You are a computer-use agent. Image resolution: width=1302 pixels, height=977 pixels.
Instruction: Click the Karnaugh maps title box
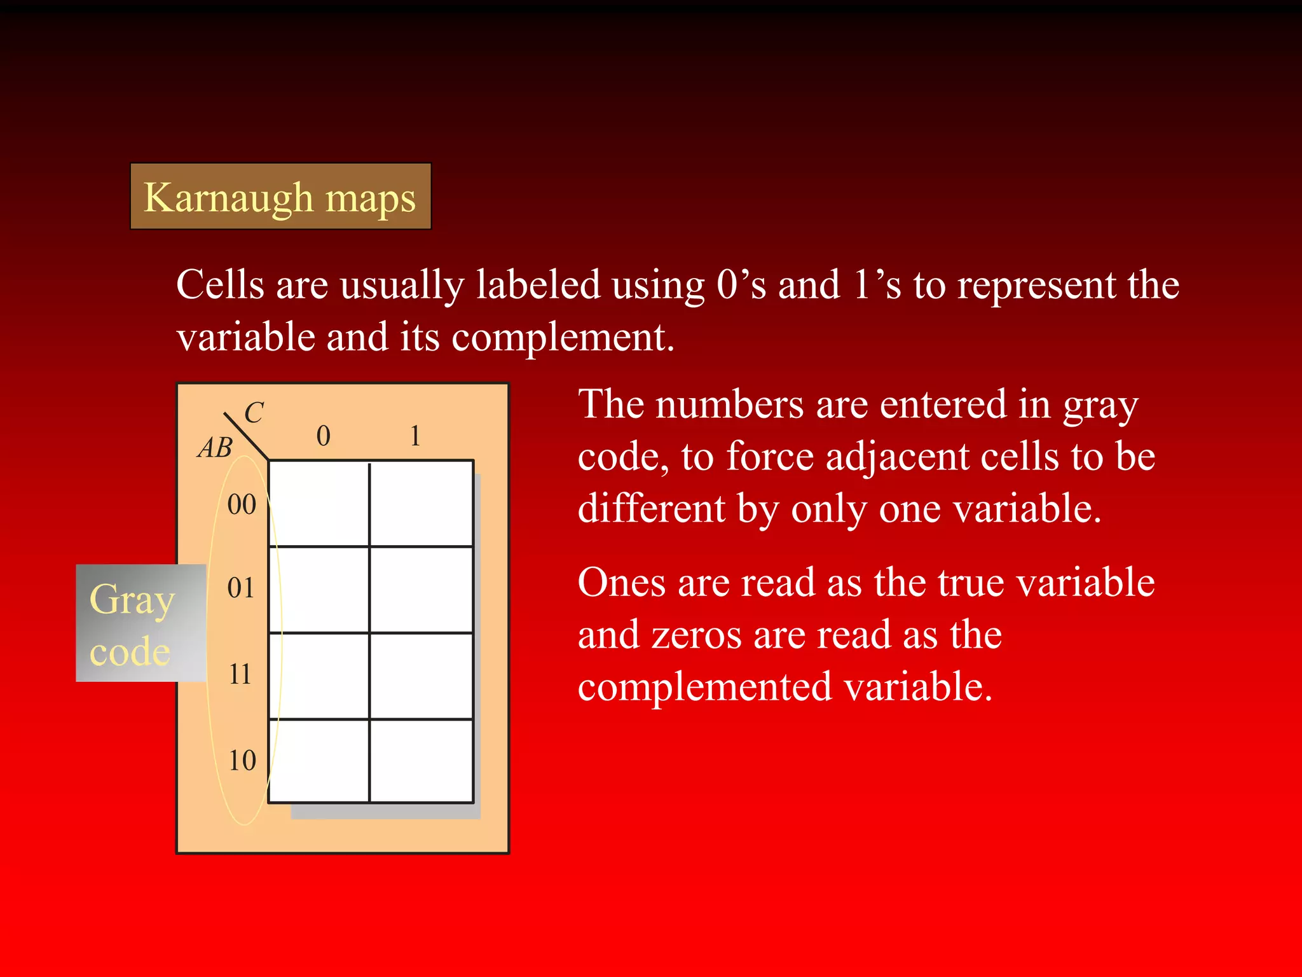coord(280,197)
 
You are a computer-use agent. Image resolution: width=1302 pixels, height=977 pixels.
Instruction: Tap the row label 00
coord(242,504)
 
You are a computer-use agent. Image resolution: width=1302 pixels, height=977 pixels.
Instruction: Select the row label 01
coord(241,588)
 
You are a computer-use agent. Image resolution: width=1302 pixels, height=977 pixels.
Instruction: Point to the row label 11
coord(240,674)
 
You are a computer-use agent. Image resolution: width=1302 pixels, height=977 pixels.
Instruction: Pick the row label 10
coord(242,761)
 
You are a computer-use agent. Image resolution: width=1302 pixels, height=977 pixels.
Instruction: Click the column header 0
coord(323,436)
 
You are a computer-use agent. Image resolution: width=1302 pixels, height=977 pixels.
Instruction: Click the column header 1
coord(415,436)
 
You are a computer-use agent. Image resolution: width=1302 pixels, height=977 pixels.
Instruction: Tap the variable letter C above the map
coord(254,413)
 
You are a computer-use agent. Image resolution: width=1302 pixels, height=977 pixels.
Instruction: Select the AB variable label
coord(216,448)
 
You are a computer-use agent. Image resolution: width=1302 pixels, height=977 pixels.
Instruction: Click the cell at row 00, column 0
coord(319,503)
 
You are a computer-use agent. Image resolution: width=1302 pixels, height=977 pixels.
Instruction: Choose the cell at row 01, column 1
coord(421,589)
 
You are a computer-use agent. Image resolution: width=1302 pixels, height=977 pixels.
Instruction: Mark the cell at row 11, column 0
coord(319,676)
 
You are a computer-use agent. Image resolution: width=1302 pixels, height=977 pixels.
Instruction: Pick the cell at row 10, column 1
coord(421,761)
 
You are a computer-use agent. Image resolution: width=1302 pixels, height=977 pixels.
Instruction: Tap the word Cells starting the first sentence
coord(219,284)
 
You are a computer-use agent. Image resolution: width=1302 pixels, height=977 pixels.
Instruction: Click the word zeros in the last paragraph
coord(696,635)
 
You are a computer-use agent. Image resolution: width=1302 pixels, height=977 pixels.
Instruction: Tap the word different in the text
coord(652,509)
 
